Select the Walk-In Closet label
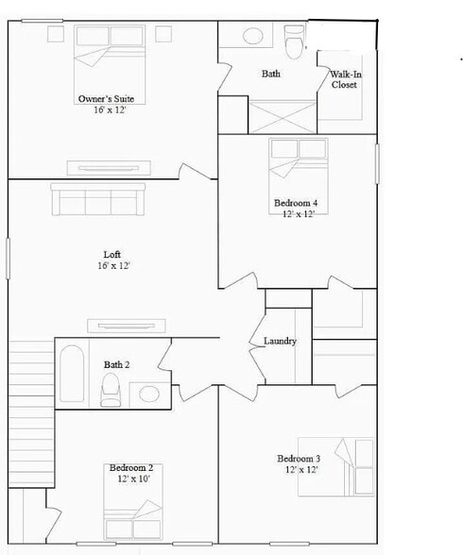[343, 79]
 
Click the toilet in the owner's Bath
[294, 42]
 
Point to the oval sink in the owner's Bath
[252, 36]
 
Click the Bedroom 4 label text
[295, 203]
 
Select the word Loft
[112, 254]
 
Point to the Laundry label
[281, 341]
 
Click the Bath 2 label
[116, 364]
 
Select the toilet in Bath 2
[111, 389]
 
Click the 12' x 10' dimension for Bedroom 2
[130, 479]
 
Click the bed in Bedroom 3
[337, 466]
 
